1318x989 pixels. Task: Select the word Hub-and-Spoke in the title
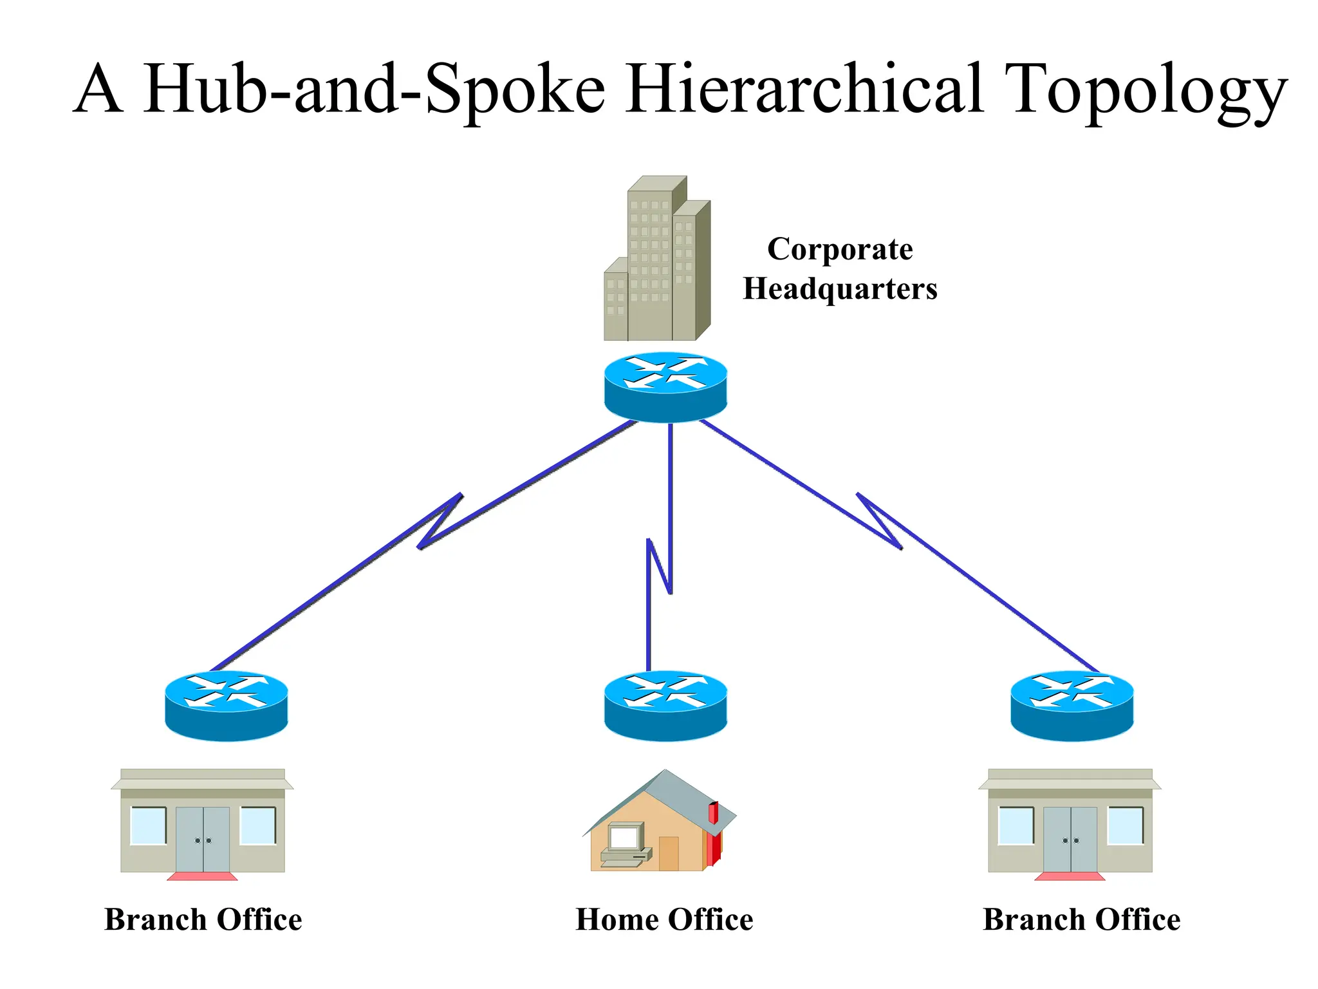(x=373, y=90)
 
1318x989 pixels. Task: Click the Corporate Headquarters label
(x=840, y=268)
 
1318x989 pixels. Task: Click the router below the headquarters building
(x=665, y=387)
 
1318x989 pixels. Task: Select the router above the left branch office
(x=226, y=706)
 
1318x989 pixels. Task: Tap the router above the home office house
(x=665, y=706)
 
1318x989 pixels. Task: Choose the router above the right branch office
(x=1072, y=706)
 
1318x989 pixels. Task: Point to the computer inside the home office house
(x=624, y=843)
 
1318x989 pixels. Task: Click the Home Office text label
(x=664, y=919)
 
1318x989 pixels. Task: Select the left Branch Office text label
(x=203, y=919)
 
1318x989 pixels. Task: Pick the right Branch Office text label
(x=1082, y=919)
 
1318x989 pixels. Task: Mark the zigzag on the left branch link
(x=440, y=522)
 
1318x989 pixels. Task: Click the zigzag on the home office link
(x=660, y=567)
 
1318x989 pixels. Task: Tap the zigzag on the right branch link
(x=879, y=522)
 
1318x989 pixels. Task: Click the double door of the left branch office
(x=203, y=839)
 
